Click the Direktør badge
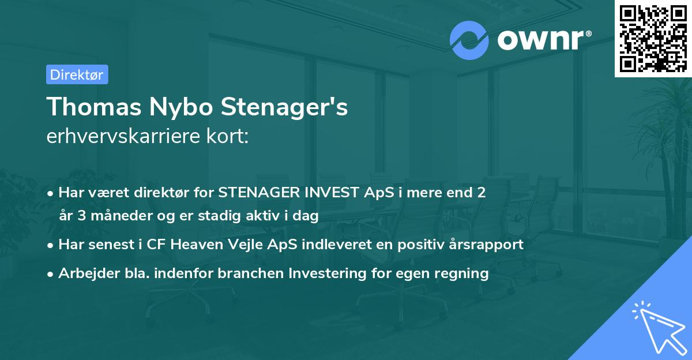(77, 74)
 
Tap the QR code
(653, 39)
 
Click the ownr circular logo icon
(469, 40)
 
